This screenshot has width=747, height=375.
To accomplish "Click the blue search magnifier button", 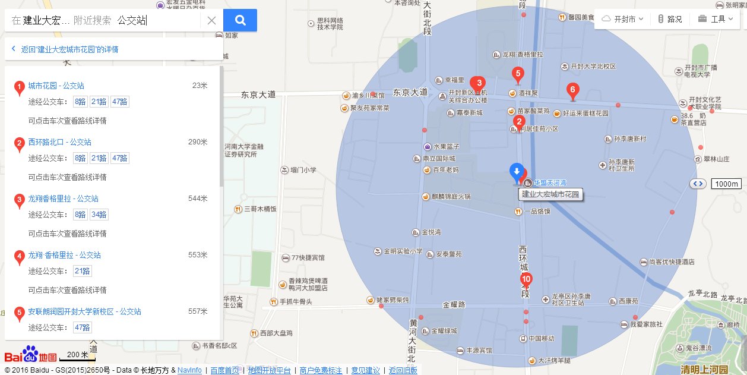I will click(x=240, y=20).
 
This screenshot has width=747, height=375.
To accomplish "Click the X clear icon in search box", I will click(x=211, y=21).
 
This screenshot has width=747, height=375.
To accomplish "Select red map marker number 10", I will click(x=526, y=279).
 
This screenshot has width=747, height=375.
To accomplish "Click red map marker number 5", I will click(x=518, y=75).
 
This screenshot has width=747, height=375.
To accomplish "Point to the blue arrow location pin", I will click(x=517, y=172).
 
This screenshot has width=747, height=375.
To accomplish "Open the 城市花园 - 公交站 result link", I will click(x=56, y=86).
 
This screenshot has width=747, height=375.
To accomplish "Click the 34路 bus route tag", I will click(x=99, y=215).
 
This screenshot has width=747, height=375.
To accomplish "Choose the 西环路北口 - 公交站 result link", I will click(x=59, y=142).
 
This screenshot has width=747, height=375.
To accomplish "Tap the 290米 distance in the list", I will click(x=198, y=142).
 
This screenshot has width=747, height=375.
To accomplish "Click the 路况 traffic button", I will click(x=670, y=19).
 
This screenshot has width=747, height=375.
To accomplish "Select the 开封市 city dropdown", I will click(x=623, y=19).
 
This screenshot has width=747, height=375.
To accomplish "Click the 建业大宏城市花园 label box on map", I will click(x=549, y=194).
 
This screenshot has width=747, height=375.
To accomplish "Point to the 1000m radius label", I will click(x=726, y=184).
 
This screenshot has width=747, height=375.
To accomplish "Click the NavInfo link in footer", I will click(x=189, y=370).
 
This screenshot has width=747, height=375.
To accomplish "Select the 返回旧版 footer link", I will click(x=403, y=370).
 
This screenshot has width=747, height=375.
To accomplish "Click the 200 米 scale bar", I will click(x=77, y=355).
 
